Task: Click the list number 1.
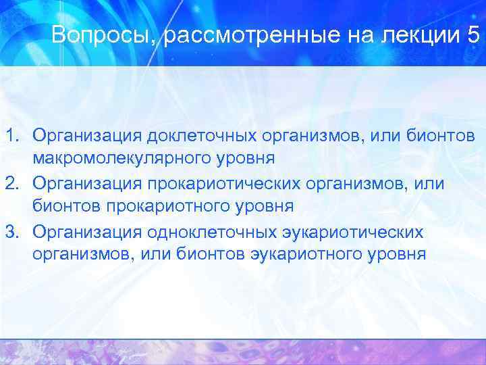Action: (x=12, y=135)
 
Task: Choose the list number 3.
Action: (x=12, y=233)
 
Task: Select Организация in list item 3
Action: (x=84, y=233)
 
